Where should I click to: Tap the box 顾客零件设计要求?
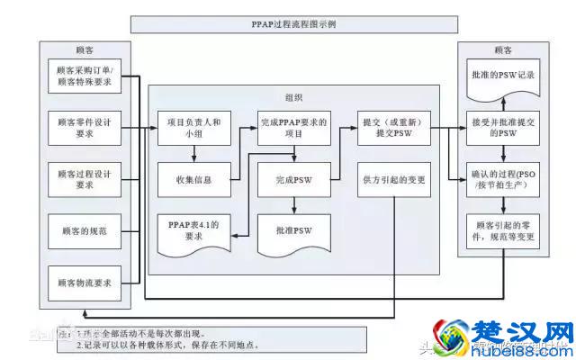85,127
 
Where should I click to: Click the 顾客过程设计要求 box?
85,178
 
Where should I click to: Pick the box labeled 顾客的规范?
85,231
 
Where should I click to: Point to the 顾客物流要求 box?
85,282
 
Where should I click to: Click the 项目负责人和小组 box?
194,127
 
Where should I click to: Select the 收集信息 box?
194,179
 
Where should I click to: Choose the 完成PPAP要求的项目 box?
294,127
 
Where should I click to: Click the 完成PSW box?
294,179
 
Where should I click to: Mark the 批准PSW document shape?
294,230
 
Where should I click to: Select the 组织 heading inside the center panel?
293,97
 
